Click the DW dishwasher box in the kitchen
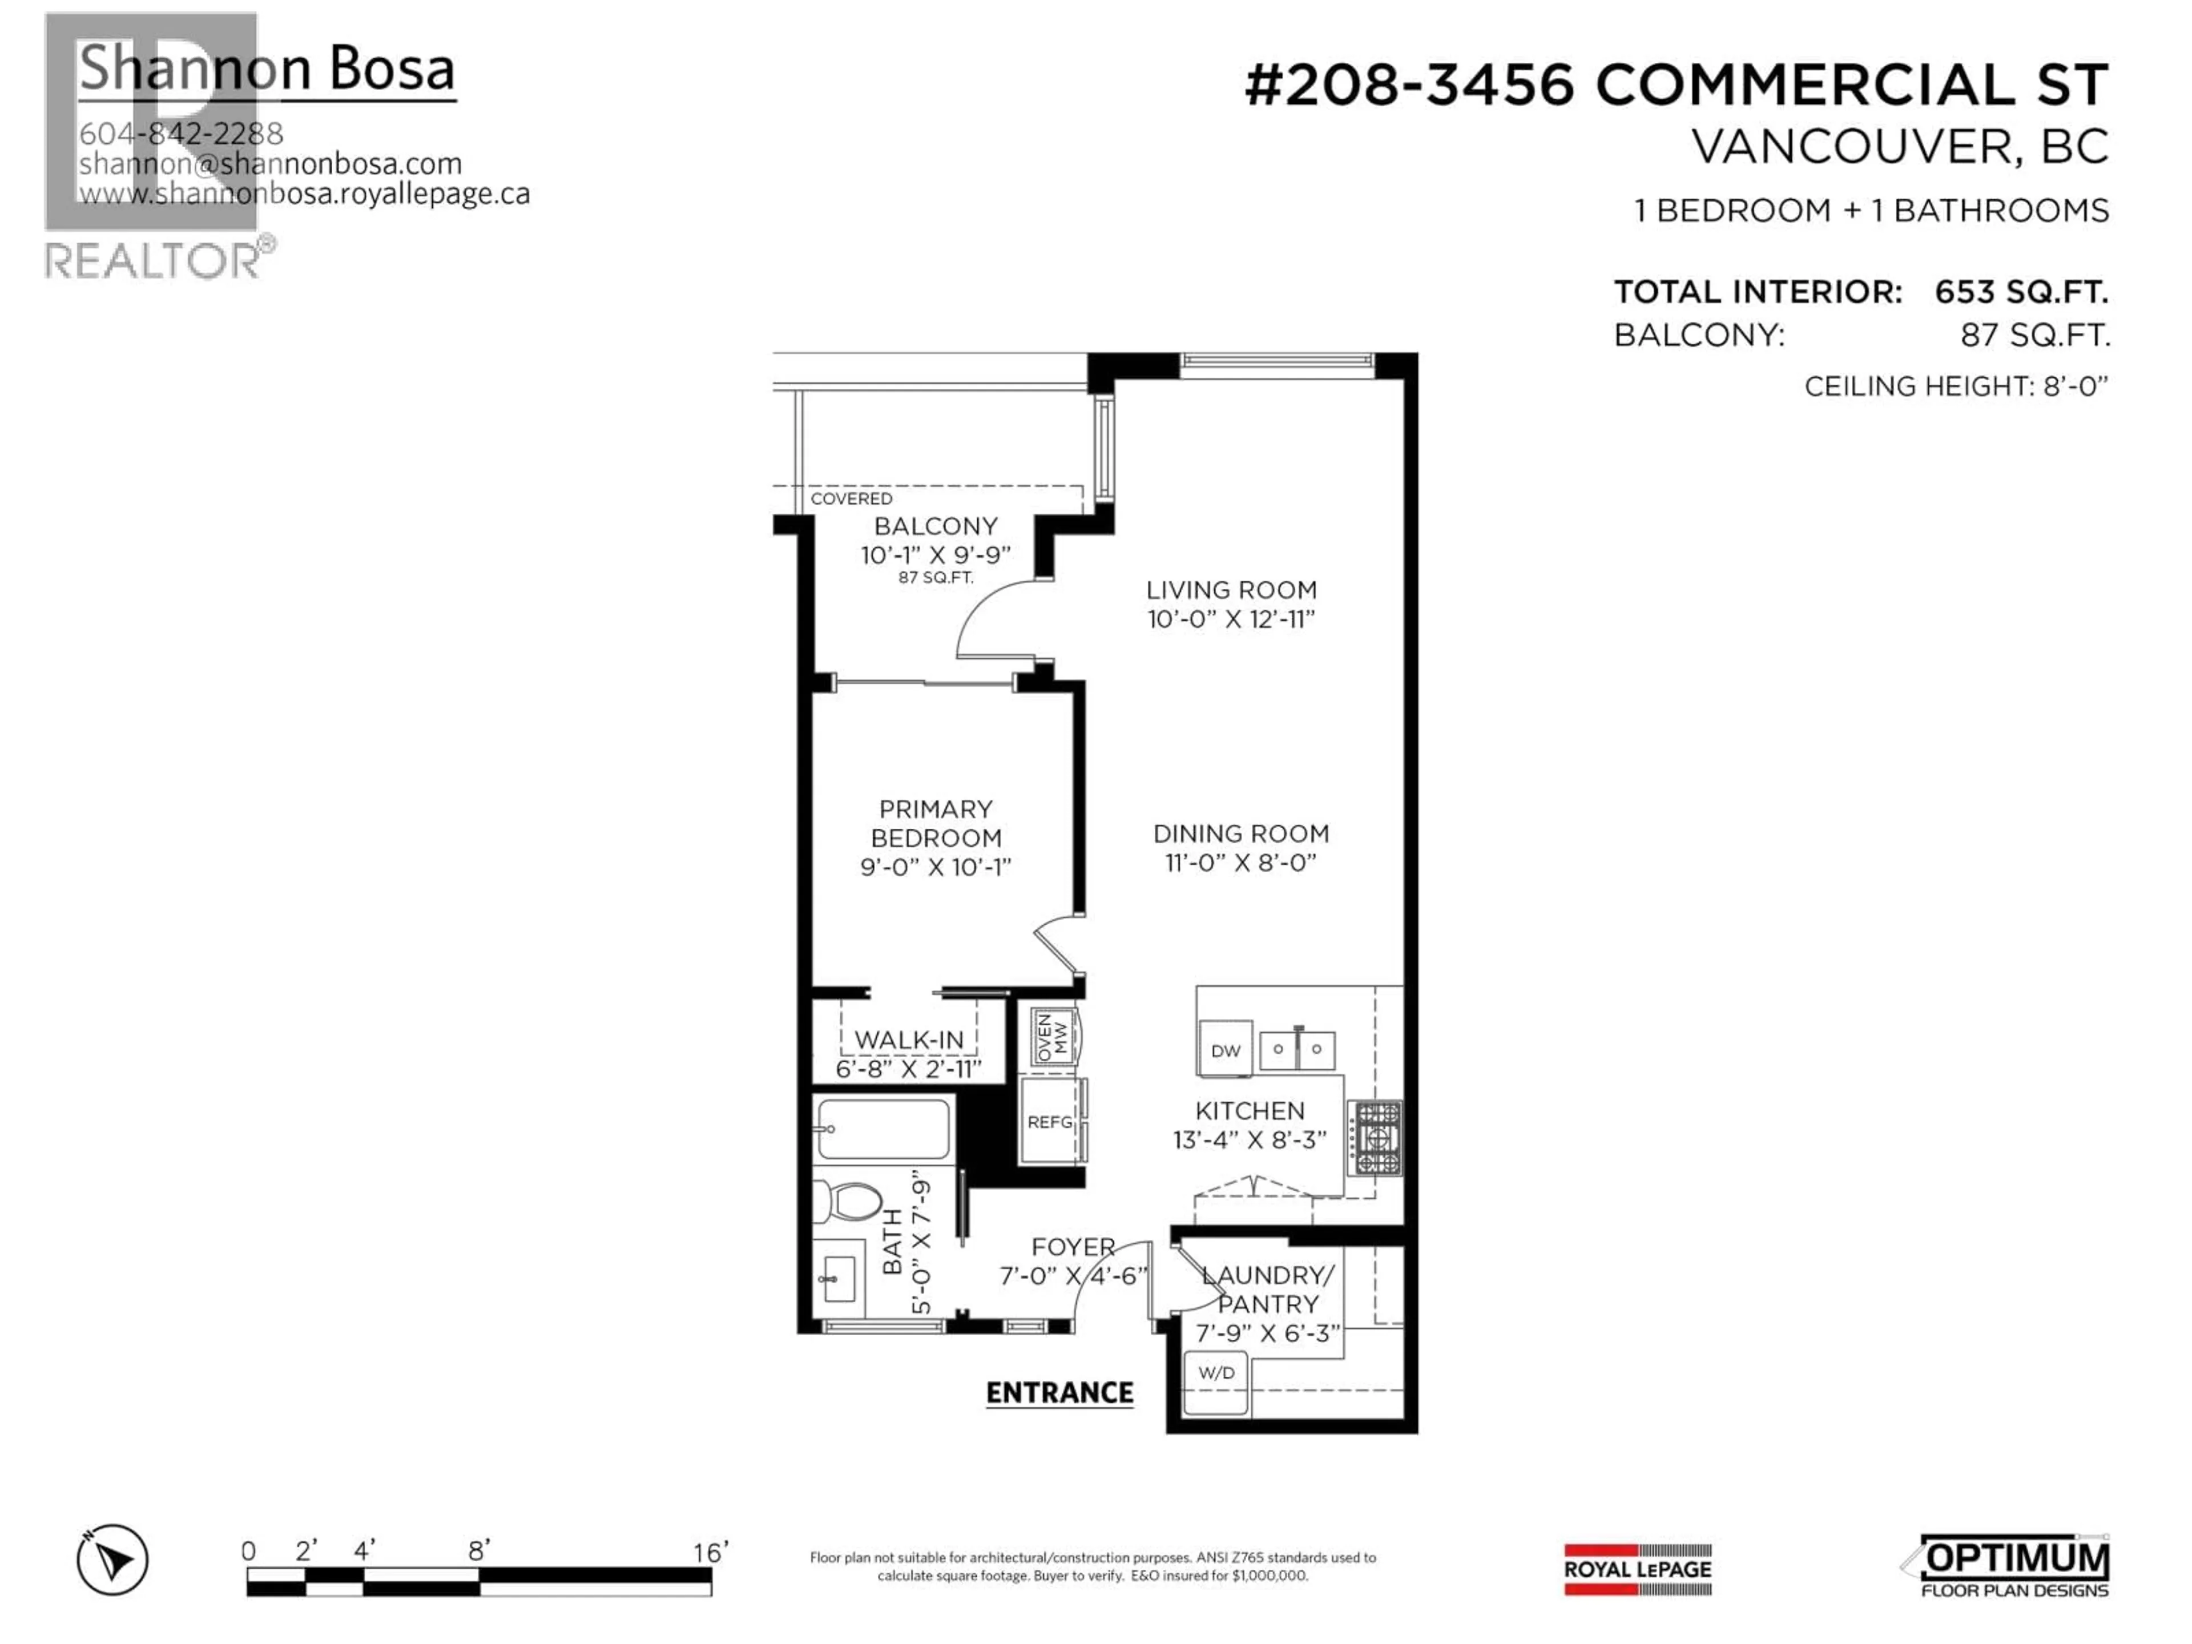click(1225, 1049)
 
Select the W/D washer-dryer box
click(1216, 1383)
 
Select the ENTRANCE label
click(1059, 1393)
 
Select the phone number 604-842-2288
click(182, 134)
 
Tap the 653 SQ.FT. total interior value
click(2021, 292)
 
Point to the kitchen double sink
click(1297, 1049)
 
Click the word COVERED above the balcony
click(851, 498)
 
